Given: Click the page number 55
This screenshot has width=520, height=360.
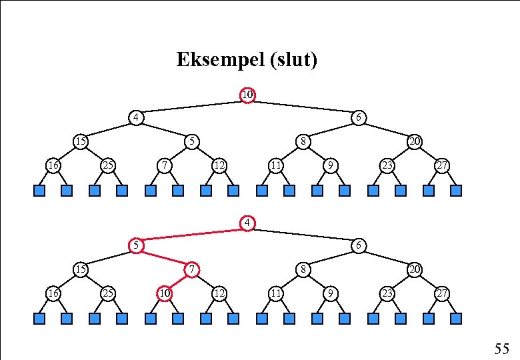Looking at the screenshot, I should point(501,348).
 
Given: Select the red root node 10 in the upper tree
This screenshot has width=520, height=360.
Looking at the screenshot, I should point(247,95).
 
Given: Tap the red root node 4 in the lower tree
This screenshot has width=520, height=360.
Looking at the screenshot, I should point(247,222).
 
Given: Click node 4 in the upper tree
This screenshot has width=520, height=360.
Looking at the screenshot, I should point(135,118).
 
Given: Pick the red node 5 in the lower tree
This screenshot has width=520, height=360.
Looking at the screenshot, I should point(135,245).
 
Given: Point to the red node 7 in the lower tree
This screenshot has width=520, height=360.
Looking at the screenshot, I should point(191,269).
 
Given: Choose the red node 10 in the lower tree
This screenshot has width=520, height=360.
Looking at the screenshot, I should point(164,293).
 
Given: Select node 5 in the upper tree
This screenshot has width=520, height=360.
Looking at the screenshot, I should point(191,141).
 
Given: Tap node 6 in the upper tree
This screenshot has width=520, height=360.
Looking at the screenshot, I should point(358,118).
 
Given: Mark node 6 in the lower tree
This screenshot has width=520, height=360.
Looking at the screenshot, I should point(358,245).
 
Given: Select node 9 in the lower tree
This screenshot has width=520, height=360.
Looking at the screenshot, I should point(330,293).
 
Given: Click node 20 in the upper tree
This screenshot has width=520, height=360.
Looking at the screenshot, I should point(414,141).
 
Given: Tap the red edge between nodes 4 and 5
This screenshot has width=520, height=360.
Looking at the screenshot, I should point(191,234).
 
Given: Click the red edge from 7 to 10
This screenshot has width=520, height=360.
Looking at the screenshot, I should point(178,281).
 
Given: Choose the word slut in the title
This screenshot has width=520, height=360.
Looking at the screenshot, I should point(293,61).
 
